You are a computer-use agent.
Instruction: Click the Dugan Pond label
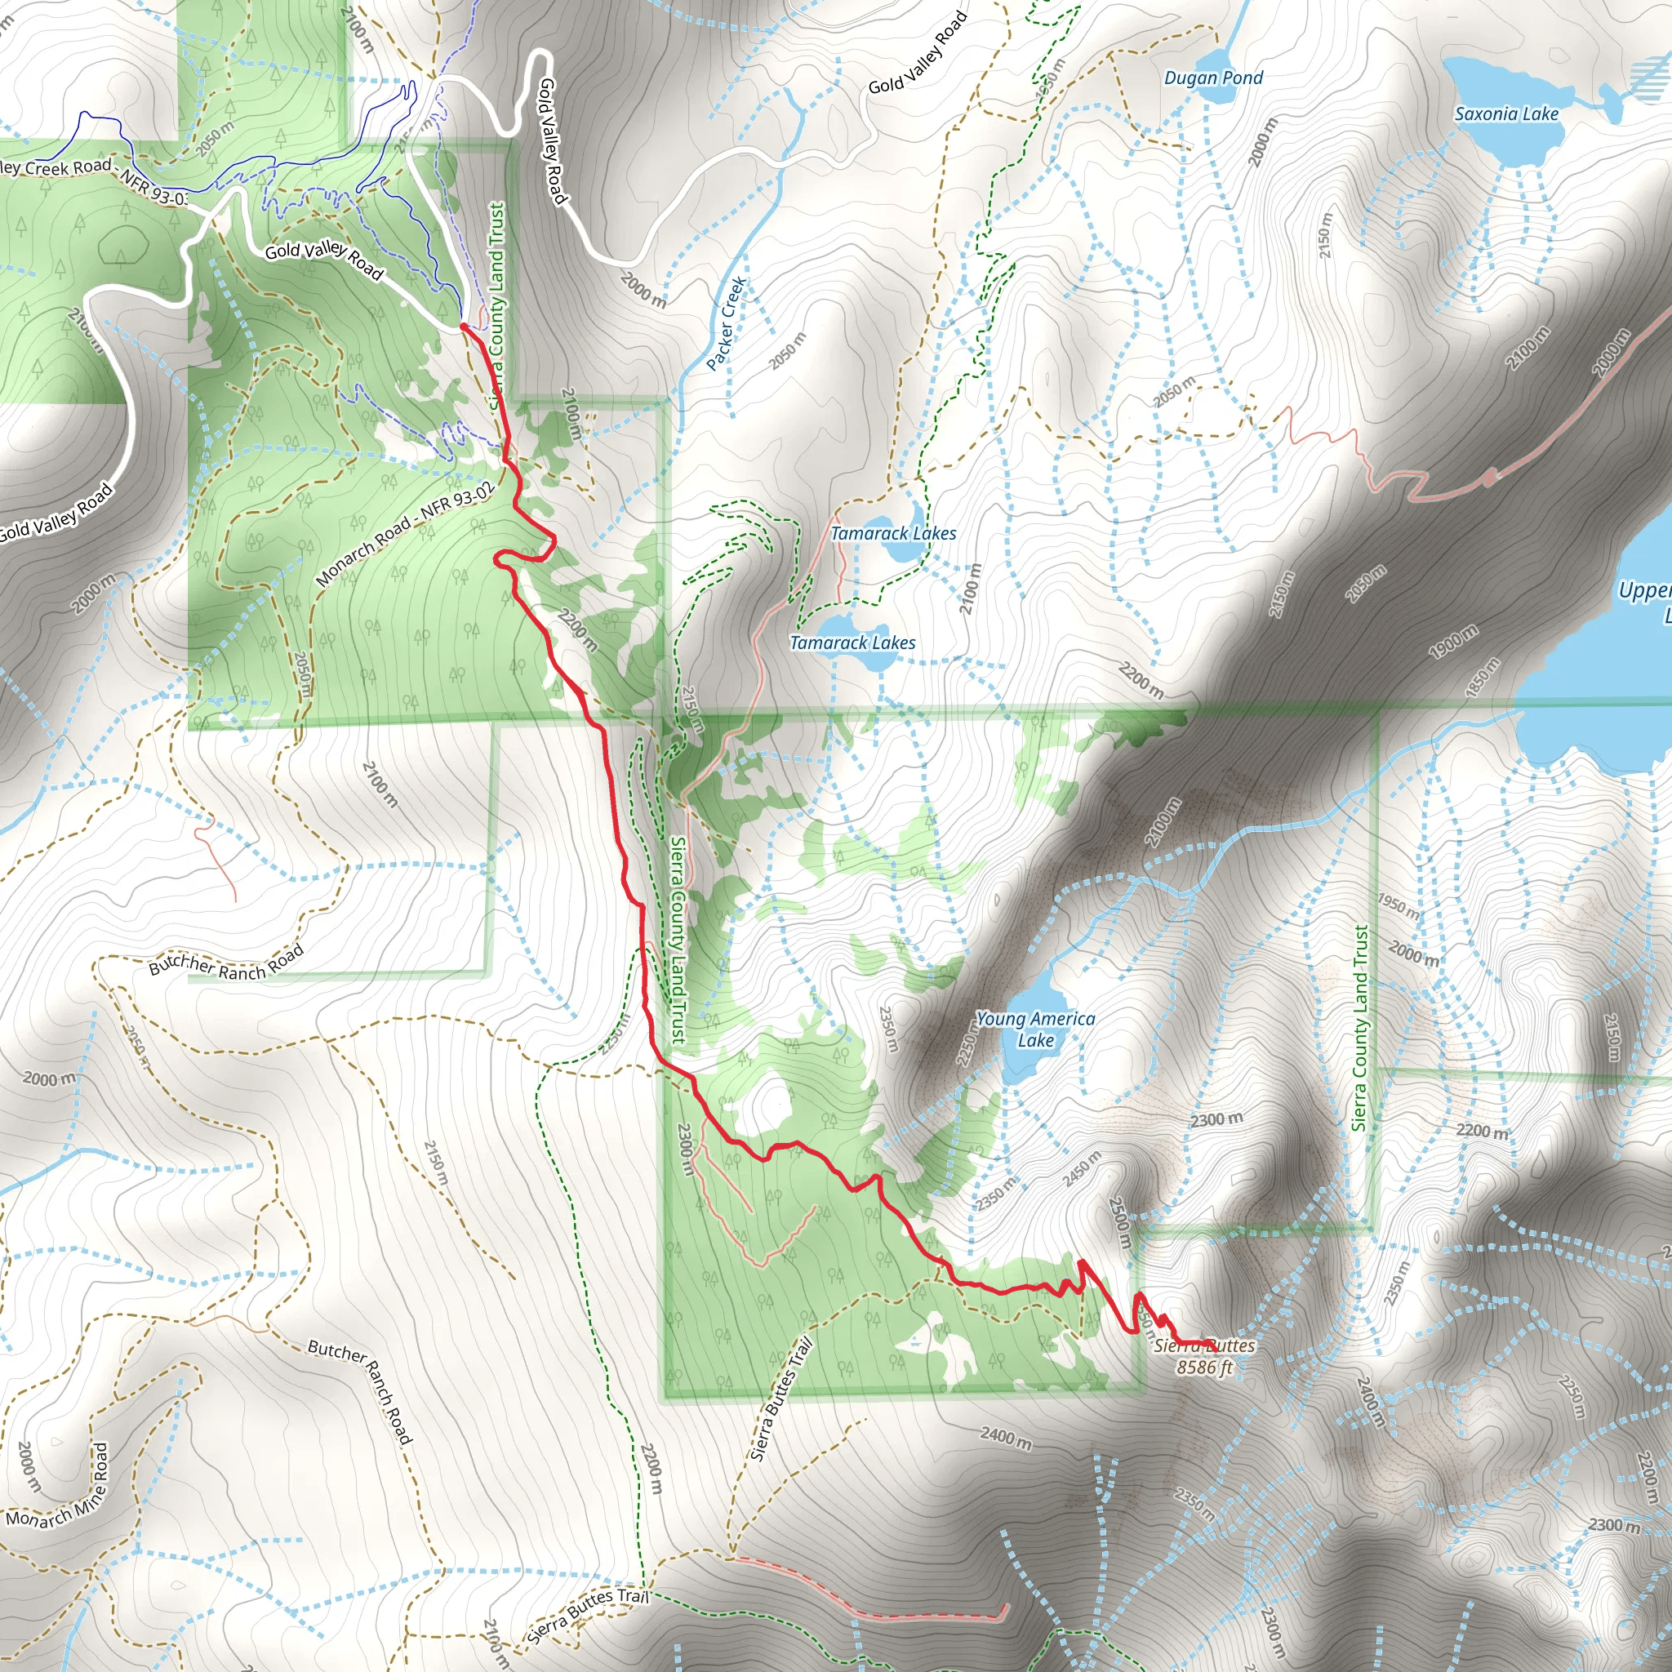[1212, 78]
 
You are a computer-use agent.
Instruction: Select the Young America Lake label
[1035, 1029]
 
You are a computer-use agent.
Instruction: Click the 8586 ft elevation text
[1204, 1367]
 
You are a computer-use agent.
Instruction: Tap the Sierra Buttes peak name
[1204, 1345]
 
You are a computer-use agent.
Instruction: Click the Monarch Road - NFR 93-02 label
[406, 533]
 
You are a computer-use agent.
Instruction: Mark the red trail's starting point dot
[464, 327]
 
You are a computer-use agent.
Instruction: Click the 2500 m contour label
[1120, 1222]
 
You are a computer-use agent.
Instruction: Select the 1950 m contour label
[1398, 906]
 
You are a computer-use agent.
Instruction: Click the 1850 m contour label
[1483, 678]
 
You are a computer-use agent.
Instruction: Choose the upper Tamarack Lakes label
[893, 533]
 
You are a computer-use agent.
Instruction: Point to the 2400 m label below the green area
[1007, 1438]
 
